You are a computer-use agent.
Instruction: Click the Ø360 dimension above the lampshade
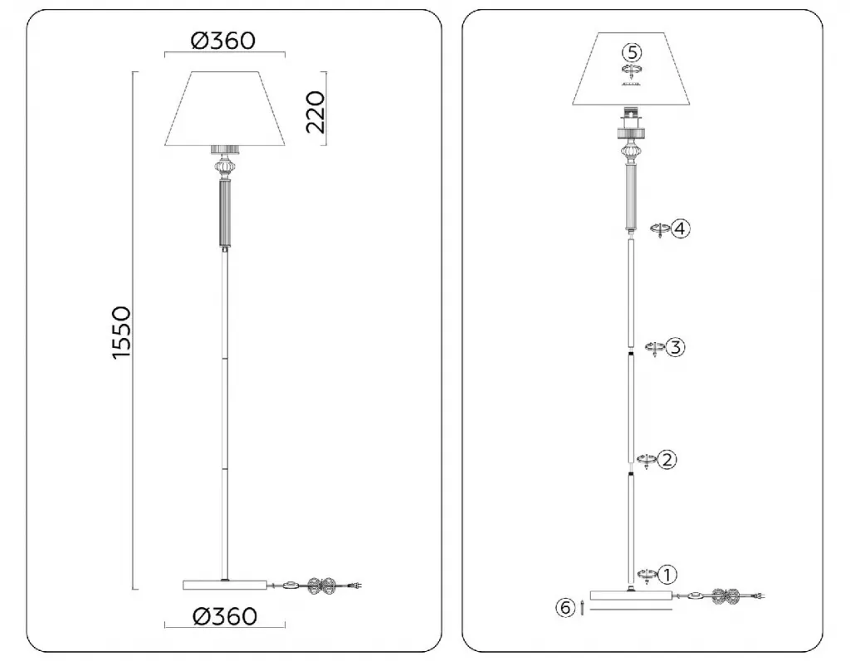(x=223, y=41)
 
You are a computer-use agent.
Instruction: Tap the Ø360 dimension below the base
(x=225, y=616)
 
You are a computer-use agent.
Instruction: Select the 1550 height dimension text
(x=121, y=332)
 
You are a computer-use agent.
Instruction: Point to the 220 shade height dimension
(x=315, y=112)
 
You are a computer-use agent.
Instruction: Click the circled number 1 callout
(x=667, y=575)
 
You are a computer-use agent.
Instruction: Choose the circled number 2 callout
(x=667, y=460)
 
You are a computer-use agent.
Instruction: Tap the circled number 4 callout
(x=681, y=228)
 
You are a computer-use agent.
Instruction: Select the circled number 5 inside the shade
(x=632, y=52)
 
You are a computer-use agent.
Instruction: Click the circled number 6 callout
(x=564, y=608)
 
